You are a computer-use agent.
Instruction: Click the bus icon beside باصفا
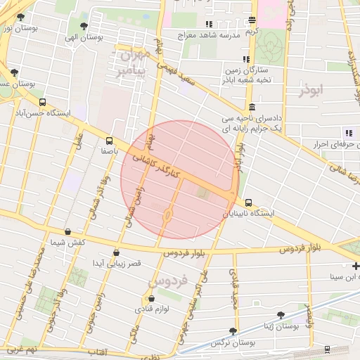[109, 140]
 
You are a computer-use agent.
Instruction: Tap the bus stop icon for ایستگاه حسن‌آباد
[43, 102]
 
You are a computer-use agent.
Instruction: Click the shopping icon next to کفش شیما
[67, 231]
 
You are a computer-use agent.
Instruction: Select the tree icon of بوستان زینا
[281, 316]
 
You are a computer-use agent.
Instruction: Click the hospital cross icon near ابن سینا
[356, 266]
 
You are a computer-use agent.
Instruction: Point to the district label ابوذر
[314, 91]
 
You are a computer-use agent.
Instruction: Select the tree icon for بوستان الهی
[84, 26]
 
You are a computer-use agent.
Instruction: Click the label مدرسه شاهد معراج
[209, 34]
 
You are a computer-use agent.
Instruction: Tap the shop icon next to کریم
[252, 21]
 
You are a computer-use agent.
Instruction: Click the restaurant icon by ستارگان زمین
[245, 59]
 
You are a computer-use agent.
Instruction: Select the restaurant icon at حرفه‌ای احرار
[347, 133]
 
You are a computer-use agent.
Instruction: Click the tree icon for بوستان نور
[20, 17]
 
